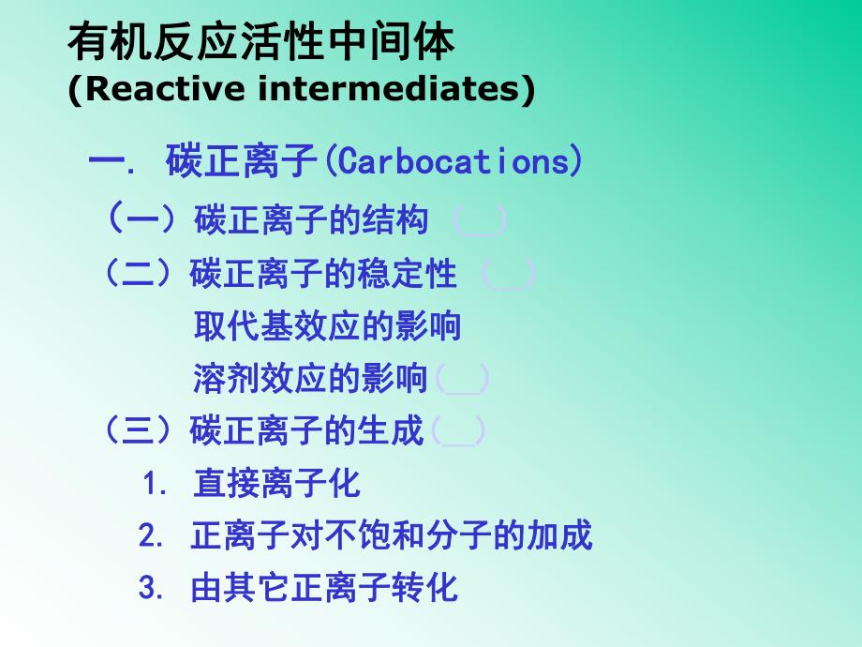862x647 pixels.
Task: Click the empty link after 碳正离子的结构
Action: (480, 221)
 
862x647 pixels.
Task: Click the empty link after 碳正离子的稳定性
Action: (509, 276)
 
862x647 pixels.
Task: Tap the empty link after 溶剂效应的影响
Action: (462, 380)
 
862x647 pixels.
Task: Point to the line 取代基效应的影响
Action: (327, 327)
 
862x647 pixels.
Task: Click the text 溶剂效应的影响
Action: (310, 380)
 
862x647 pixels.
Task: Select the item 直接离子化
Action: (276, 484)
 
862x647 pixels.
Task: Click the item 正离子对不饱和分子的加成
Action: (392, 535)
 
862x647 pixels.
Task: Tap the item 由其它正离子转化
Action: (324, 587)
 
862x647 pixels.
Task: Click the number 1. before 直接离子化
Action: (156, 485)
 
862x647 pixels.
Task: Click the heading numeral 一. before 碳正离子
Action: (111, 161)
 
